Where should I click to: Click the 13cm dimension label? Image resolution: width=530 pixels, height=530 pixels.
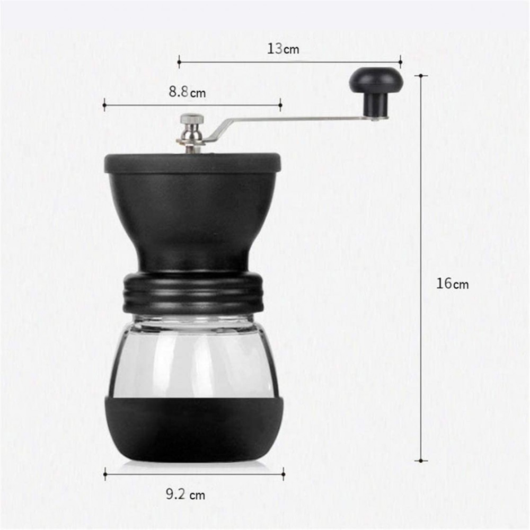(283, 49)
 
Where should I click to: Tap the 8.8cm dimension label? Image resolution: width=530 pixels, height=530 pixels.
(187, 92)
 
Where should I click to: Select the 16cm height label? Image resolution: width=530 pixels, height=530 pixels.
(452, 283)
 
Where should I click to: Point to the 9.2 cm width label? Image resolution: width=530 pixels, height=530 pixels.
(185, 494)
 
